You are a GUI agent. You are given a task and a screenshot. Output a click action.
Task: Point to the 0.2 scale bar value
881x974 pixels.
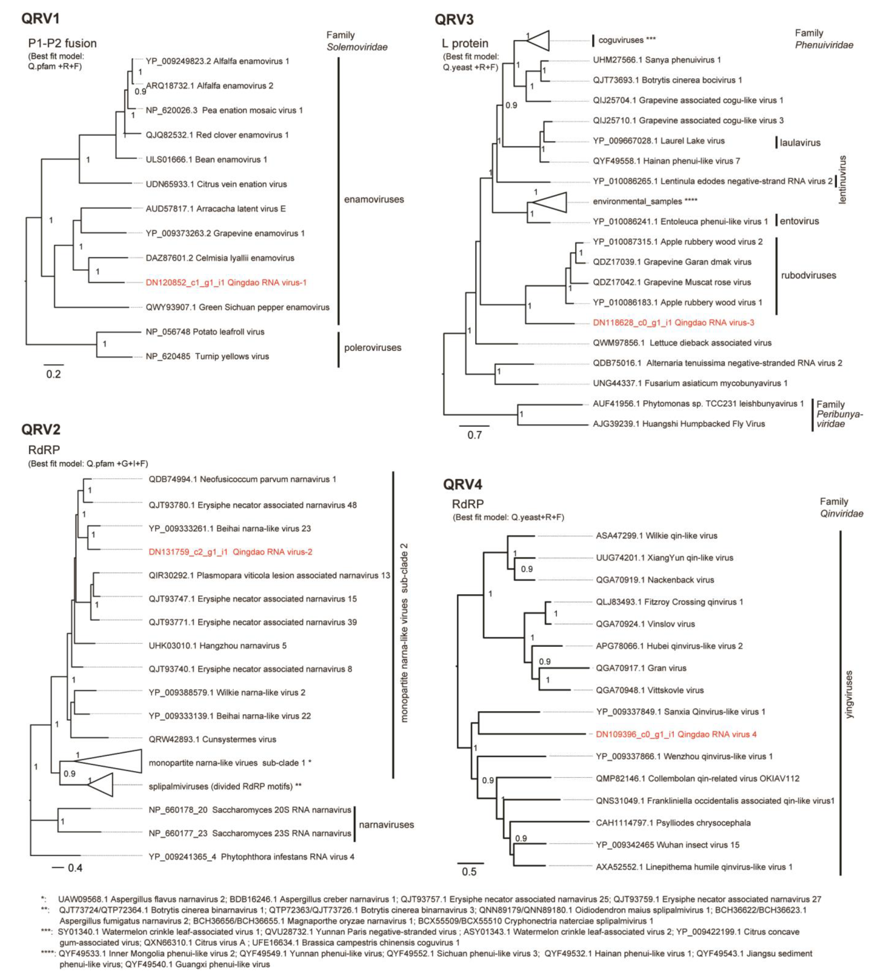(54, 374)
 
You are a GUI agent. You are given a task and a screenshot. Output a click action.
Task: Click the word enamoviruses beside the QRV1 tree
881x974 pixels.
(374, 200)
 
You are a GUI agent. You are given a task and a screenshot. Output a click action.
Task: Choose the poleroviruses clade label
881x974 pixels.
(372, 348)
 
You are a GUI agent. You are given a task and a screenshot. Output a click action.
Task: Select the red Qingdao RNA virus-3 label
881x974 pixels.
(673, 323)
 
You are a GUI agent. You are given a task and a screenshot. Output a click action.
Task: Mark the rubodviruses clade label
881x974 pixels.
(808, 275)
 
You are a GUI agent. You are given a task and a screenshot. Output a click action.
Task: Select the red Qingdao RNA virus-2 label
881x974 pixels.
(230, 552)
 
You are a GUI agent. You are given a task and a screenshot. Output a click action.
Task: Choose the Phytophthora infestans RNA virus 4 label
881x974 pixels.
(251, 857)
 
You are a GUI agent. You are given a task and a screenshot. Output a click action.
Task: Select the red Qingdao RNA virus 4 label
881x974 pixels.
(676, 734)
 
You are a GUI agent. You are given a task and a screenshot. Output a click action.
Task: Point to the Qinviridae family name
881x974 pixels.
(841, 514)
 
